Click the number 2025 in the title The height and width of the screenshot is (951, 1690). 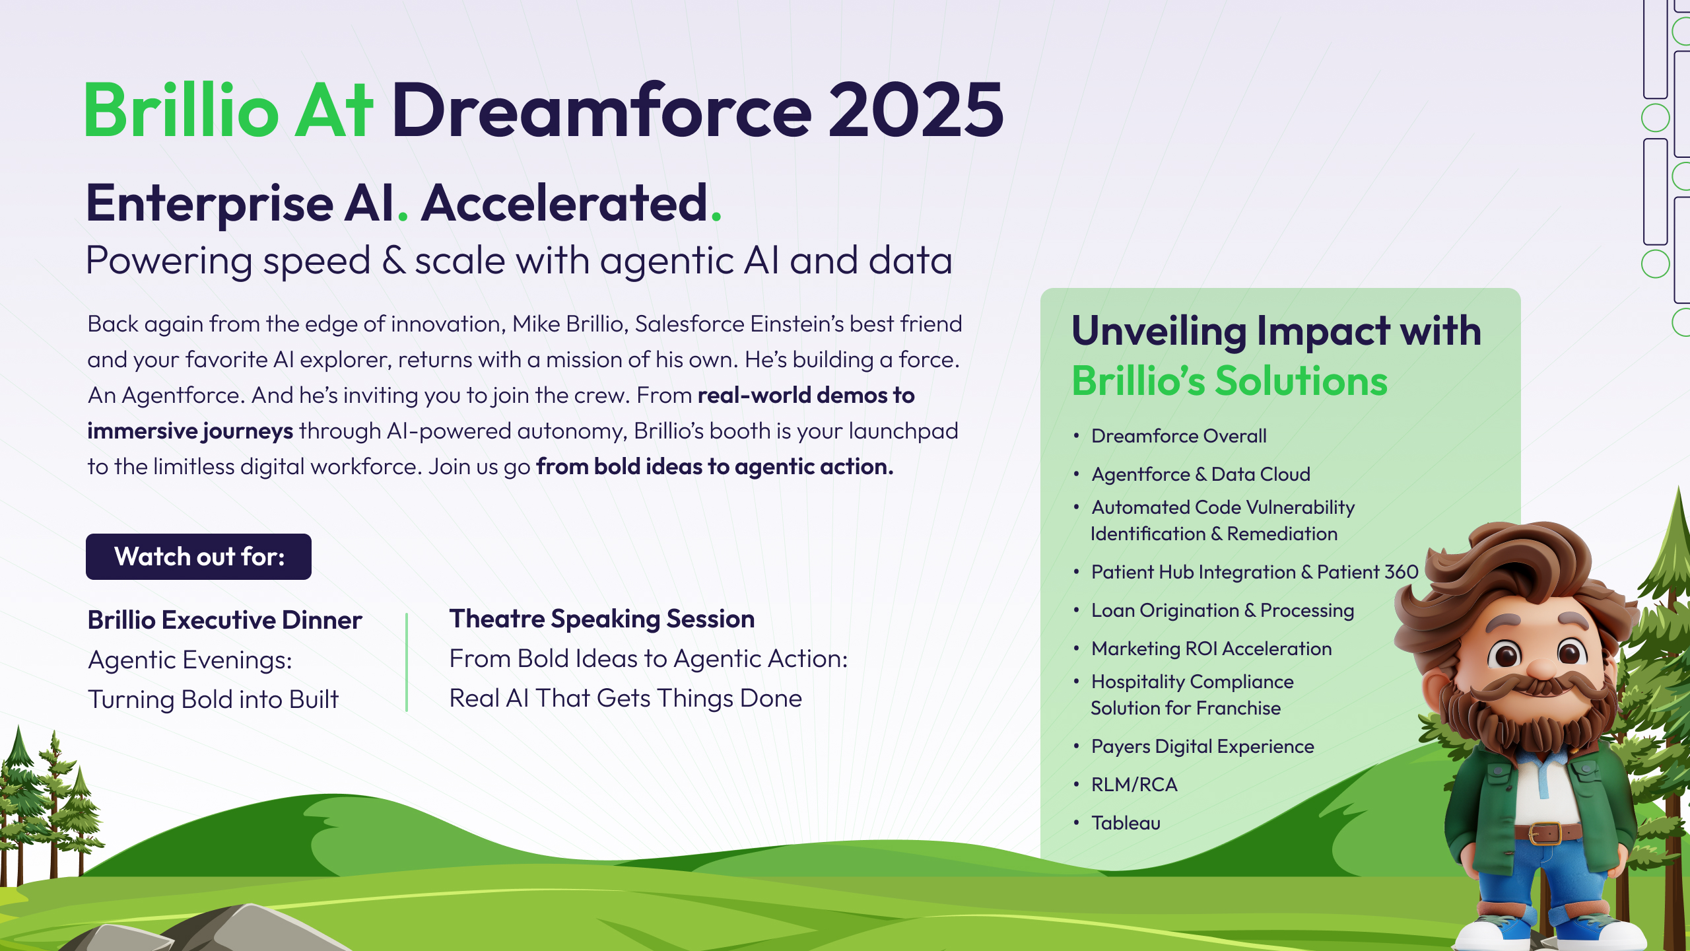pos(916,110)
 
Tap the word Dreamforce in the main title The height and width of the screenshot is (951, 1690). pos(601,110)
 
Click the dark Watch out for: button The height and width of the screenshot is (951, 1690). pos(199,557)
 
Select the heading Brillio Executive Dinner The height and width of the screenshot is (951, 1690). pos(225,620)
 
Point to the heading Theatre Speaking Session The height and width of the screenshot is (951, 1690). pos(602,619)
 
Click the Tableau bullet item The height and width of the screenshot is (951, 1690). pos(1126,823)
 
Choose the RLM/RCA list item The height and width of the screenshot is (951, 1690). pos(1134,785)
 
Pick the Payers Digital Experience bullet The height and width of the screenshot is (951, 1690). pos(1203,746)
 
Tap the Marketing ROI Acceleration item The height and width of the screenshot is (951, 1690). pos(1211,649)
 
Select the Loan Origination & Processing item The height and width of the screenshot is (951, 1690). pos(1223,610)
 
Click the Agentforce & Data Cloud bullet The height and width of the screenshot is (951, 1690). pos(1201,474)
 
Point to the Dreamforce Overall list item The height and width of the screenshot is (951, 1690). pos(1179,436)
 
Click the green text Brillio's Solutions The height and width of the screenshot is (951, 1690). pos(1230,381)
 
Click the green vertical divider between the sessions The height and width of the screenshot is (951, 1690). pos(407,662)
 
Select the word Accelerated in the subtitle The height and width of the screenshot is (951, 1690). pos(565,203)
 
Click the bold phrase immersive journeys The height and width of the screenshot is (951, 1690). pos(190,431)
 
